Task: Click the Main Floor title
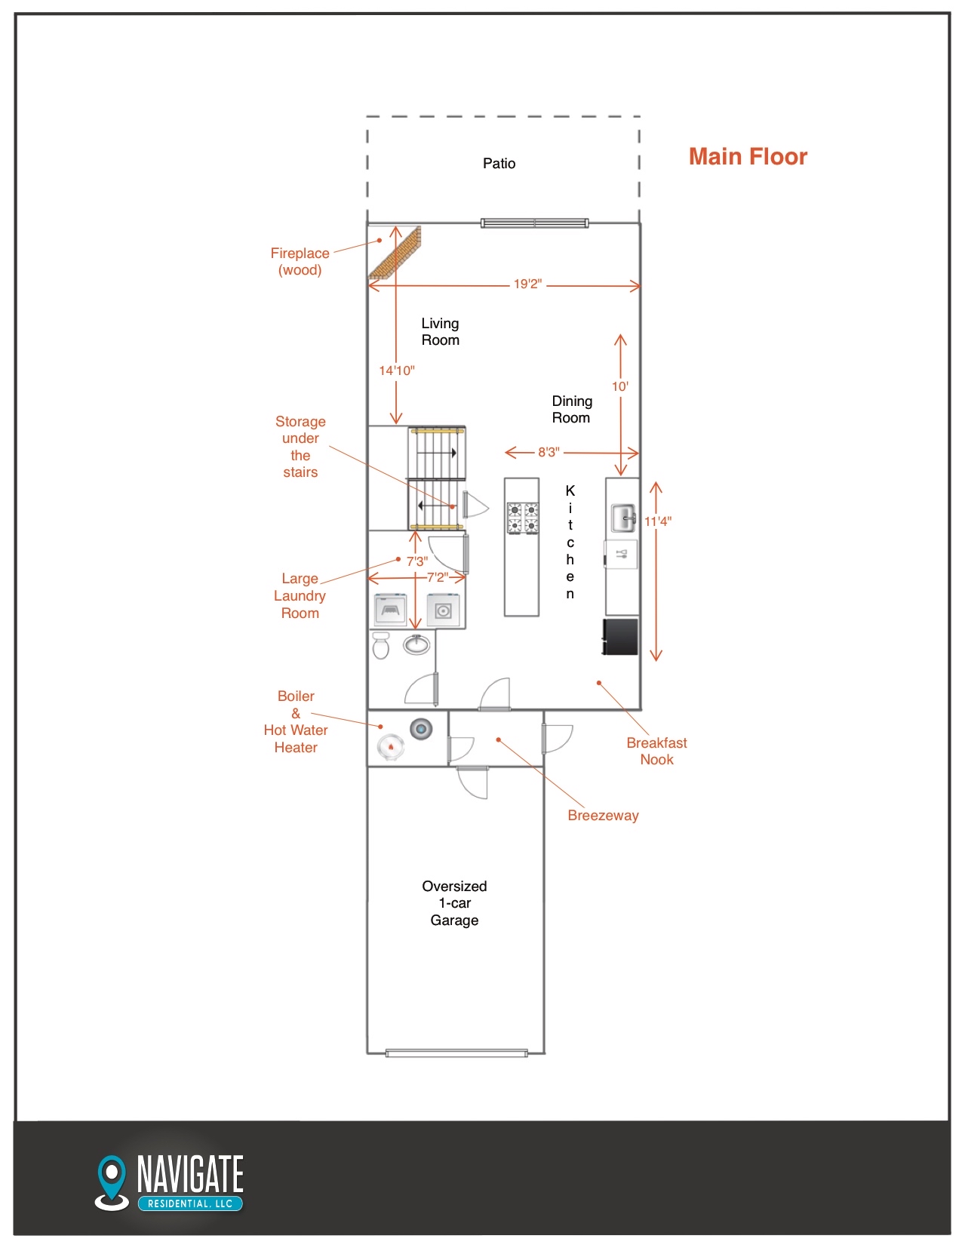click(x=747, y=156)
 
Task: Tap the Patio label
click(x=499, y=163)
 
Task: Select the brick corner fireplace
click(x=395, y=252)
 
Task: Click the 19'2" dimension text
click(x=527, y=284)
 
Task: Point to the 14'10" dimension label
click(x=396, y=370)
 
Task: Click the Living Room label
click(x=440, y=331)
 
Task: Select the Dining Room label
click(x=571, y=409)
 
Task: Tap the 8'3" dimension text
click(x=549, y=452)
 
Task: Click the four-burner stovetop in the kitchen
click(x=523, y=518)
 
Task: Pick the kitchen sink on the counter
click(x=622, y=518)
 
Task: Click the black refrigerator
click(x=620, y=636)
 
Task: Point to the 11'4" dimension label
click(x=658, y=521)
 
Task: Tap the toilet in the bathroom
click(x=380, y=645)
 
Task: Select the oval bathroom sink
click(x=416, y=644)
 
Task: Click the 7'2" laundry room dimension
click(x=437, y=577)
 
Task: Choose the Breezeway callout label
click(x=603, y=816)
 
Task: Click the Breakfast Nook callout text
click(x=656, y=751)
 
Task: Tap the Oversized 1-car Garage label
click(x=454, y=903)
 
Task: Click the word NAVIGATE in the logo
click(x=190, y=1174)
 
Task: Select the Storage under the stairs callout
click(x=300, y=447)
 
